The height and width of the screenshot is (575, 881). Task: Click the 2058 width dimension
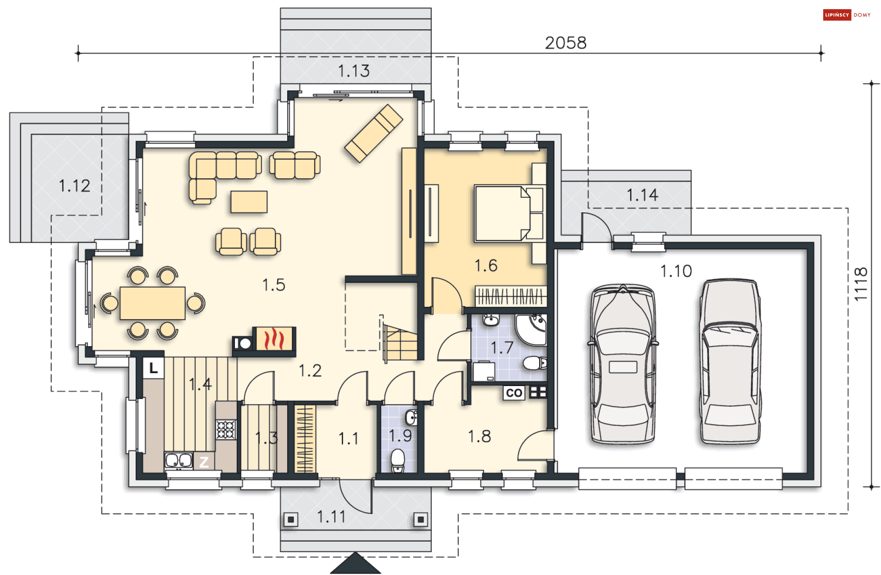coord(565,43)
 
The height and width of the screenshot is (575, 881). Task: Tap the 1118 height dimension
coord(861,284)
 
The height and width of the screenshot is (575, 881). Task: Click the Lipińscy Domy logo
coord(847,15)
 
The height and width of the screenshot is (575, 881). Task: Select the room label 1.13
coord(354,71)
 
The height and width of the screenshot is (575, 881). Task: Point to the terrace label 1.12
coord(74,186)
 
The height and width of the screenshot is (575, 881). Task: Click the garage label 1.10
coord(676,271)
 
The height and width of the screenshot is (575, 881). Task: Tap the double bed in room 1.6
coord(509,213)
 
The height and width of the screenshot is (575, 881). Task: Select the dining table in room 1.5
coord(152,303)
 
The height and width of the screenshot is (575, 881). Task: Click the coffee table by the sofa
coord(249,202)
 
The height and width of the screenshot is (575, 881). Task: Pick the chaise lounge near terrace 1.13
coord(374,133)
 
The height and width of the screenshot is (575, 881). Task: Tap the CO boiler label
coord(514,393)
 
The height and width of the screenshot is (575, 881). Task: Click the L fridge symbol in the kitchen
coord(153,368)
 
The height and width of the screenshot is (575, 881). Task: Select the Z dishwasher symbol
coord(204,462)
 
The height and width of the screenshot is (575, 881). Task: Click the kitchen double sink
coord(178,460)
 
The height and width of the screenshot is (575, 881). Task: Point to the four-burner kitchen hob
coord(226,430)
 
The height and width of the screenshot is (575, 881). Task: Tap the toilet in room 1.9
coord(397,461)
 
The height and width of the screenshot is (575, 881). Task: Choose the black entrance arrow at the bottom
coord(355,563)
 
